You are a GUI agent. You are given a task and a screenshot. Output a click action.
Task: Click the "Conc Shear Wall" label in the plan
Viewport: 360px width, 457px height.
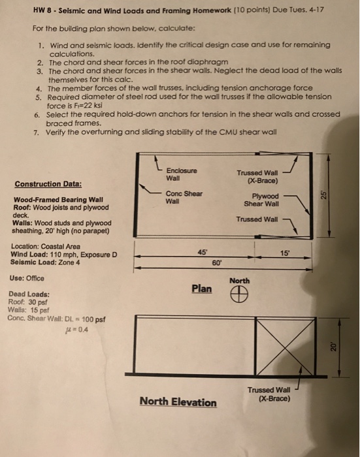pos(184,198)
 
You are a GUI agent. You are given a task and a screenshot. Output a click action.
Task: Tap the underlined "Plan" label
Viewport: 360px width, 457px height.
pos(201,288)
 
